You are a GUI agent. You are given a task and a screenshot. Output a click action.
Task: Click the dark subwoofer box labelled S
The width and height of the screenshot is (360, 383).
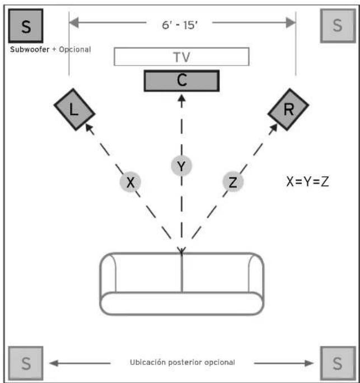pyautogui.click(x=26, y=26)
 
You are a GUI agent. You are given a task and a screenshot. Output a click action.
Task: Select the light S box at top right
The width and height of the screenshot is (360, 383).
pyautogui.click(x=338, y=26)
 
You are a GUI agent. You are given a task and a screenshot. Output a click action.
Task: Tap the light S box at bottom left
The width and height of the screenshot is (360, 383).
pyautogui.click(x=26, y=363)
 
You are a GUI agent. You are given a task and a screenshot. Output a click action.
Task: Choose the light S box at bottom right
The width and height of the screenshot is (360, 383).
pyautogui.click(x=338, y=363)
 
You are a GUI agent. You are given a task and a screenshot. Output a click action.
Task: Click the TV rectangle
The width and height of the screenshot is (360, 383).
pyautogui.click(x=181, y=57)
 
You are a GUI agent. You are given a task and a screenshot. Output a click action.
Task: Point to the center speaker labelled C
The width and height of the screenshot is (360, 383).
pyautogui.click(x=181, y=81)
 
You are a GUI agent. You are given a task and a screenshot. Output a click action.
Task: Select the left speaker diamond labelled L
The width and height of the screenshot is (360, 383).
pyautogui.click(x=74, y=109)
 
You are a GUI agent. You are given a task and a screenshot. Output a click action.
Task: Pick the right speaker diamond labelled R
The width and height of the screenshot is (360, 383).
pyautogui.click(x=288, y=109)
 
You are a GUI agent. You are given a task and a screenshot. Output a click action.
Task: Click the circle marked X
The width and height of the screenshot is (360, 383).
pyautogui.click(x=130, y=182)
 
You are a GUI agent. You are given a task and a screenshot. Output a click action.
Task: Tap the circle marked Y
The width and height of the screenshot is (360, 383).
pyautogui.click(x=181, y=166)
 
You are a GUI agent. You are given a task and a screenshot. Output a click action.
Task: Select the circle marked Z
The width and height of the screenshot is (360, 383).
pyautogui.click(x=233, y=182)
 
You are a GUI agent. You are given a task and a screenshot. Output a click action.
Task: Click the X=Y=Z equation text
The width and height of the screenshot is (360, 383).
pyautogui.click(x=307, y=182)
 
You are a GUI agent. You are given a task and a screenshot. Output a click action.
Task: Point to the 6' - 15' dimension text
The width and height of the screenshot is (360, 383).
pyautogui.click(x=180, y=25)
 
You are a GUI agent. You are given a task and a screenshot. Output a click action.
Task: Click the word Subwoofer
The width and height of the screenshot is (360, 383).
pyautogui.click(x=30, y=49)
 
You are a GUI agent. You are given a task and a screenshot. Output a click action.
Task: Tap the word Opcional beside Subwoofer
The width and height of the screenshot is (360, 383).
pyautogui.click(x=75, y=50)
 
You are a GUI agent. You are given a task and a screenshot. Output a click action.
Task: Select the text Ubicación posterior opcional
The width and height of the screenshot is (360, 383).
pyautogui.click(x=182, y=362)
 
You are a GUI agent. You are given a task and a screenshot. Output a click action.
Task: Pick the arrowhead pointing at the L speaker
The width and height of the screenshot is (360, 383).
pyautogui.click(x=90, y=129)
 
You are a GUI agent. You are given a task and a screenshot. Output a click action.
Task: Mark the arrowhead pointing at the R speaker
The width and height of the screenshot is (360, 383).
pyautogui.click(x=273, y=129)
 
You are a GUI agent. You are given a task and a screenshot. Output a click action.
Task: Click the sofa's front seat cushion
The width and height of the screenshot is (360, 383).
pyautogui.click(x=181, y=303)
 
